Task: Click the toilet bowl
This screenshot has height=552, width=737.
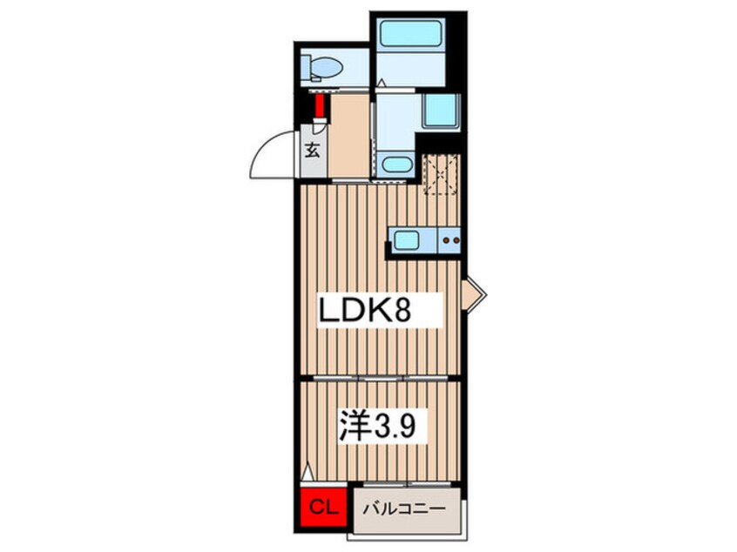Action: pos(327,68)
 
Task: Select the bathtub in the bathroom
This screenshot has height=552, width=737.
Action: pos(412,32)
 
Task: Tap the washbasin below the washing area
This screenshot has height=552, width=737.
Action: pos(397,165)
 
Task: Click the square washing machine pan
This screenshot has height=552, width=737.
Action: pos(441,111)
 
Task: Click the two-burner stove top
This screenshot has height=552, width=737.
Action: pos(450,240)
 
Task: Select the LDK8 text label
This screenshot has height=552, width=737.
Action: pos(365,310)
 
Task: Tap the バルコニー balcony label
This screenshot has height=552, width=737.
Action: pos(405,509)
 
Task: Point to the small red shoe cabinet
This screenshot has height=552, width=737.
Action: pos(320,105)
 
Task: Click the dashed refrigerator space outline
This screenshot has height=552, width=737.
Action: pos(441,174)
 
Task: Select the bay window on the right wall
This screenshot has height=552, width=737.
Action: pos(473,294)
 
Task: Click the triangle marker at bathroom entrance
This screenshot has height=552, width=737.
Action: pos(382,83)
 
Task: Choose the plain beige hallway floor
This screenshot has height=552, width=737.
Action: pos(348,135)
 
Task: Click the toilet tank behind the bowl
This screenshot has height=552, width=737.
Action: pos(306,68)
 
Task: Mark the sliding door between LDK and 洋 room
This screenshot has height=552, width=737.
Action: pos(380,378)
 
